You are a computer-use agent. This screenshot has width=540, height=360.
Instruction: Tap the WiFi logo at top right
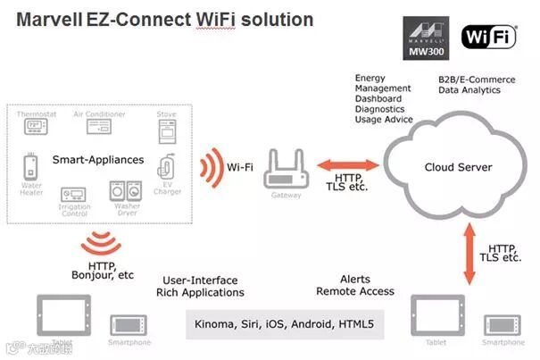pyautogui.click(x=489, y=37)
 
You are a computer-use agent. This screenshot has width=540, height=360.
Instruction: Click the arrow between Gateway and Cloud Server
pyautogui.click(x=345, y=165)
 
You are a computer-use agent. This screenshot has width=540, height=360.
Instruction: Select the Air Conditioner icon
pyautogui.click(x=105, y=125)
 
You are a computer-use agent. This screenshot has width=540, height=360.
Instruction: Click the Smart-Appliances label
pyautogui.click(x=98, y=160)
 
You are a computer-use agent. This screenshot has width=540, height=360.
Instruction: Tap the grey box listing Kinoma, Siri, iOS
pyautogui.click(x=284, y=322)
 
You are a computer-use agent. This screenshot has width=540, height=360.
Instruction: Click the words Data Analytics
pyautogui.click(x=469, y=89)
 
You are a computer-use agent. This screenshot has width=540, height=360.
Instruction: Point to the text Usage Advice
pyautogui.click(x=384, y=119)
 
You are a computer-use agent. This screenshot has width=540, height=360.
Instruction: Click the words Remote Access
pyautogui.click(x=355, y=292)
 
